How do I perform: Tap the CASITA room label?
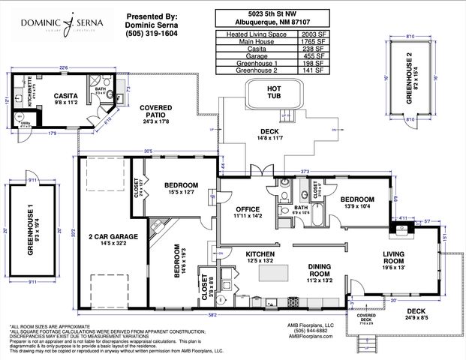click(x=65, y=96)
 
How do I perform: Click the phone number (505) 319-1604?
click(x=153, y=34)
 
